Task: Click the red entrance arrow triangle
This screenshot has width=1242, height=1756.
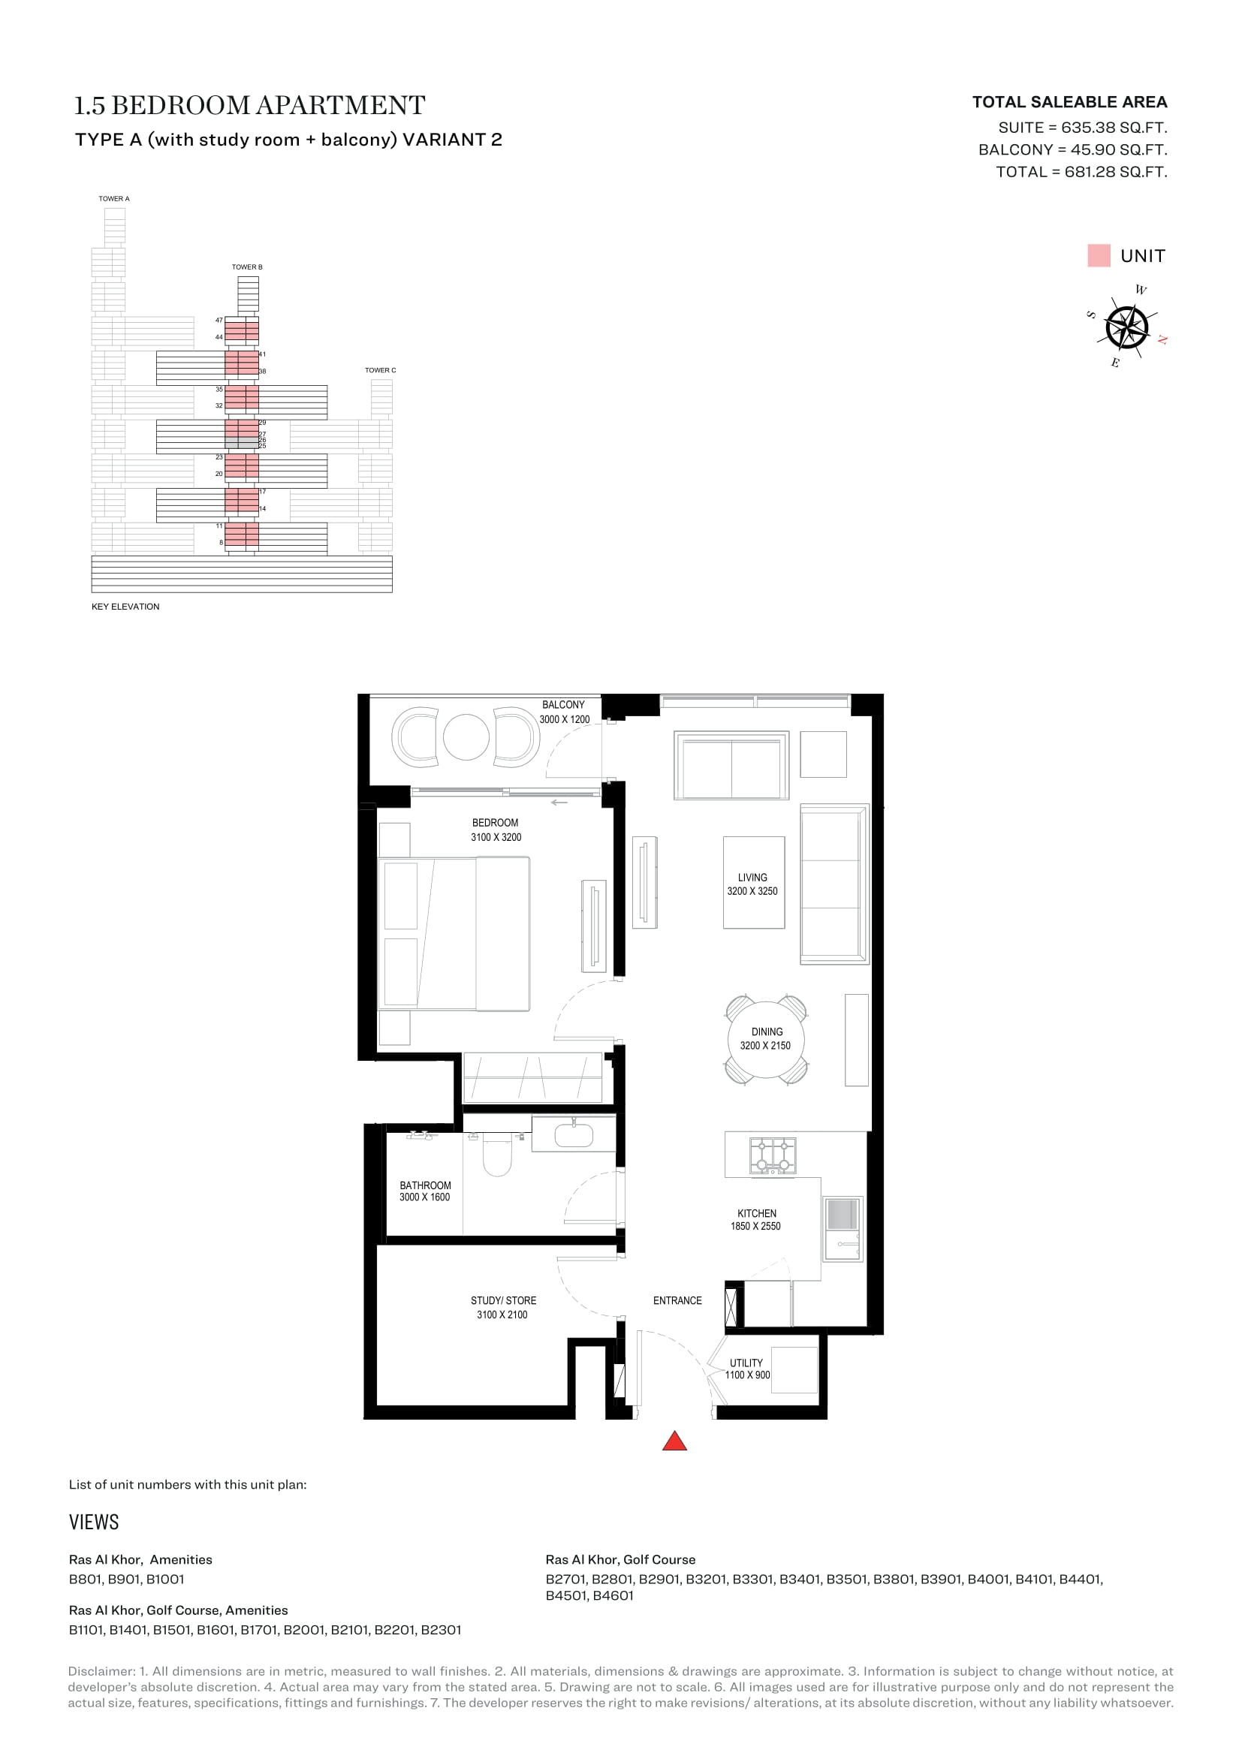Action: pos(674,1441)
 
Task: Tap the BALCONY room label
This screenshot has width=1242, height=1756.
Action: pos(564,704)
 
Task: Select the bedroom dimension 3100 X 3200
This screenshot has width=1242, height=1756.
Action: pos(496,838)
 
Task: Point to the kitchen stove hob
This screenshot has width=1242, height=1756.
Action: pos(773,1155)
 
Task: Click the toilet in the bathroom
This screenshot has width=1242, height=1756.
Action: pos(497,1155)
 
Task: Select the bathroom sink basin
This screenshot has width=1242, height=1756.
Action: pos(574,1136)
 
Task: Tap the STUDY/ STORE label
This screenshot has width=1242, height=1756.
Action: pos(503,1300)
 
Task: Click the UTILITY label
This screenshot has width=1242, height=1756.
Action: pos(746,1363)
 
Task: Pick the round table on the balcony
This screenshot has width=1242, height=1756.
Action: pos(466,736)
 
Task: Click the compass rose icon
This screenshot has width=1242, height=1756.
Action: pos(1126,327)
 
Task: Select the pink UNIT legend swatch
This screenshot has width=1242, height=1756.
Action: pos(1099,255)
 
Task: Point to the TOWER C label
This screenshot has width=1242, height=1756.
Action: pos(380,370)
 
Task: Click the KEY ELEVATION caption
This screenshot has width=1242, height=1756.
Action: pos(125,607)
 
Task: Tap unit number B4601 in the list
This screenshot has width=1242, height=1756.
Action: pos(613,1595)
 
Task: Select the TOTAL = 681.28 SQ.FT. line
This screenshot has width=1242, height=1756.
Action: pos(1081,172)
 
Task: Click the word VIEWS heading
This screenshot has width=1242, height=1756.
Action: pos(94,1522)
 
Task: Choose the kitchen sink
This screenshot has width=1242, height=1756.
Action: pos(843,1214)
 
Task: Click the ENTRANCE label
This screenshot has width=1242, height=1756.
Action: pos(677,1300)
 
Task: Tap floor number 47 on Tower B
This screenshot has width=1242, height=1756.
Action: pos(219,321)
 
